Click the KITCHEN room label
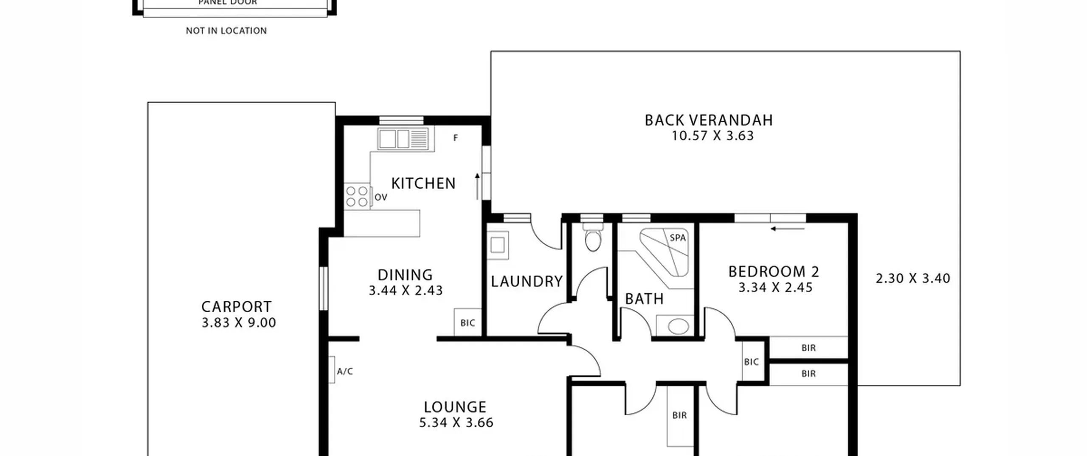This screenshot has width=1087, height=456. [x=423, y=184]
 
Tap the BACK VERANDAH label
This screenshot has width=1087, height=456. [x=709, y=120]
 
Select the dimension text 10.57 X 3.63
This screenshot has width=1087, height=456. [x=712, y=136]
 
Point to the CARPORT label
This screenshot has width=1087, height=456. [x=236, y=307]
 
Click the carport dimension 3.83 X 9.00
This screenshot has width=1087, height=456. [x=239, y=323]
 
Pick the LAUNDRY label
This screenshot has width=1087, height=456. [x=527, y=282]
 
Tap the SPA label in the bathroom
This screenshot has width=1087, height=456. [x=678, y=238]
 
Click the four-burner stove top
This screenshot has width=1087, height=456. [x=357, y=196]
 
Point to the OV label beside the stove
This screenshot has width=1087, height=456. [x=381, y=197]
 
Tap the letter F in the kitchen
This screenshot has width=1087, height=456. [x=456, y=138]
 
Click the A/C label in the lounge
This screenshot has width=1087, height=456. [x=345, y=372]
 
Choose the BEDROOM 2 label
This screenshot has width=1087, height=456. [x=774, y=271]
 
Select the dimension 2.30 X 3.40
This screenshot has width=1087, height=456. [x=913, y=279]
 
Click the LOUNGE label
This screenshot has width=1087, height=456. [x=455, y=407]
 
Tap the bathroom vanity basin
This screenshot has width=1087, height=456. [x=679, y=327]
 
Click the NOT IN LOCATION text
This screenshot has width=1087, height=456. [x=226, y=31]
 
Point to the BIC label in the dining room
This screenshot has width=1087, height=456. [x=467, y=323]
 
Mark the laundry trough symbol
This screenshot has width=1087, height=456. [x=498, y=245]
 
